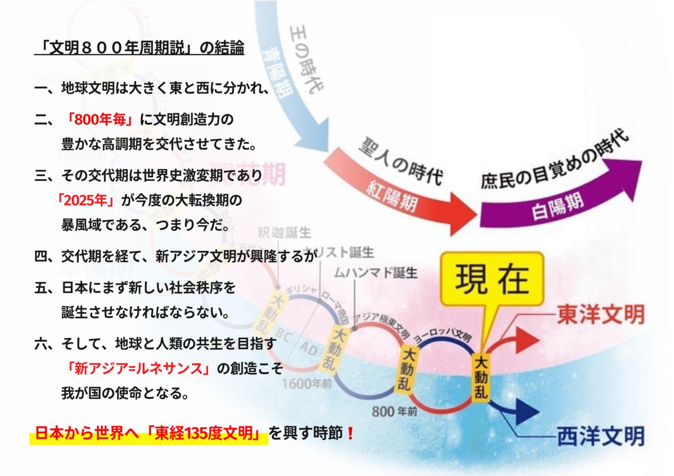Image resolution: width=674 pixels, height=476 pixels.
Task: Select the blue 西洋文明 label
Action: (x=600, y=436)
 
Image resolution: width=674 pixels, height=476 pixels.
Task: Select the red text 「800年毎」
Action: (x=100, y=120)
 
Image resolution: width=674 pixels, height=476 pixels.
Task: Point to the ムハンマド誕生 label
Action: (x=376, y=274)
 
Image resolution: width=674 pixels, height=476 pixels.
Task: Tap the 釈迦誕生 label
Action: (x=284, y=232)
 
